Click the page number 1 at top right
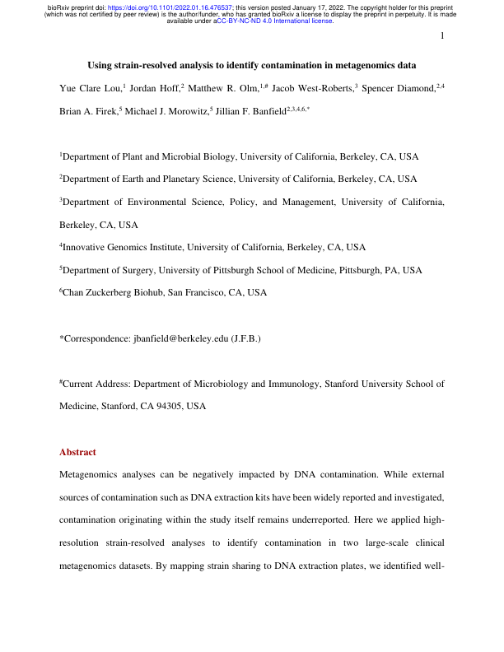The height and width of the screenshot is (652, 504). point(442,36)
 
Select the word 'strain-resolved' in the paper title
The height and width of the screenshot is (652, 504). point(145,65)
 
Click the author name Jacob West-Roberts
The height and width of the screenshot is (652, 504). point(314,87)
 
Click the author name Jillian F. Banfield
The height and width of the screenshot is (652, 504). point(253,109)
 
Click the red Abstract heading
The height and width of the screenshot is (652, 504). point(77,452)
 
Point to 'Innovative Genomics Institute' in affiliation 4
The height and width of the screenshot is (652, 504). point(123,246)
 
